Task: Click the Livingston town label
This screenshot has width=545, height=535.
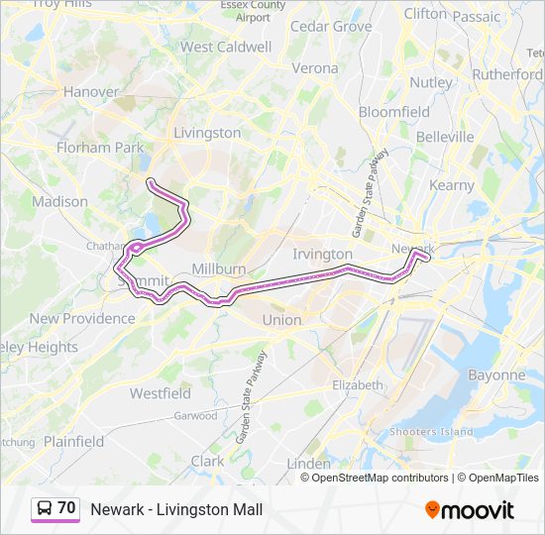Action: click(x=207, y=133)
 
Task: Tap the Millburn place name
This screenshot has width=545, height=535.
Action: click(x=219, y=269)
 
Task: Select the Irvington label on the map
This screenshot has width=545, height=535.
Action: click(x=323, y=255)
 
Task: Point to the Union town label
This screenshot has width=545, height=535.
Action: click(x=281, y=320)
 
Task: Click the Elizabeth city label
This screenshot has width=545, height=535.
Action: click(x=358, y=384)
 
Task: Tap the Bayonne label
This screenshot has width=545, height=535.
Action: click(x=496, y=375)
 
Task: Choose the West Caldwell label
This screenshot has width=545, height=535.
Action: click(x=226, y=47)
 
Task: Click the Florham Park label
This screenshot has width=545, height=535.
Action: click(x=100, y=148)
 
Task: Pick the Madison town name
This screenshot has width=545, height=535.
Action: click(x=60, y=201)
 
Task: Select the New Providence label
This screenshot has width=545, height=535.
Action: click(x=82, y=318)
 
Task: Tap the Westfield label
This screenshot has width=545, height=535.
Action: click(x=161, y=393)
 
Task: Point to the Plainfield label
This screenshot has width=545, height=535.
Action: click(x=74, y=441)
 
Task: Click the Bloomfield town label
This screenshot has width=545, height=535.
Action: click(x=394, y=112)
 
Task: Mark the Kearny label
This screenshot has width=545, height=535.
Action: click(x=452, y=185)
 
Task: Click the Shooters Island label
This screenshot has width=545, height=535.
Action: click(x=432, y=431)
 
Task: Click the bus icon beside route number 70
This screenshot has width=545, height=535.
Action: click(x=45, y=508)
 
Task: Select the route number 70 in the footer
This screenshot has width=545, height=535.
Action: click(x=66, y=508)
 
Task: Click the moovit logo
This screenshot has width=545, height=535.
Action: click(x=470, y=509)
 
